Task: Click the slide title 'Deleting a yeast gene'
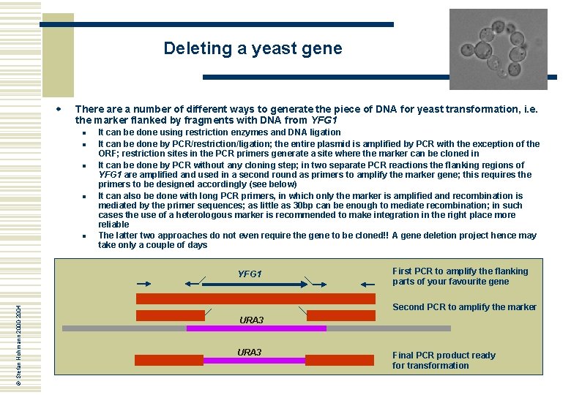[253, 49]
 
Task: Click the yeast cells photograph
[498, 49]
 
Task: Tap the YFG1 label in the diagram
[250, 274]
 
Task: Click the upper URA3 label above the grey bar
[251, 320]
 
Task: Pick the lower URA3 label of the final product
[249, 353]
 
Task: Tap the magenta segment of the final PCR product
[253, 361]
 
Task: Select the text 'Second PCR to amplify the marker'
[464, 307]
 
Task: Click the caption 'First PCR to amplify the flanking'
[460, 271]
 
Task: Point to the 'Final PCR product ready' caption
[444, 355]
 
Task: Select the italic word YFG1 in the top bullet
[324, 120]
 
